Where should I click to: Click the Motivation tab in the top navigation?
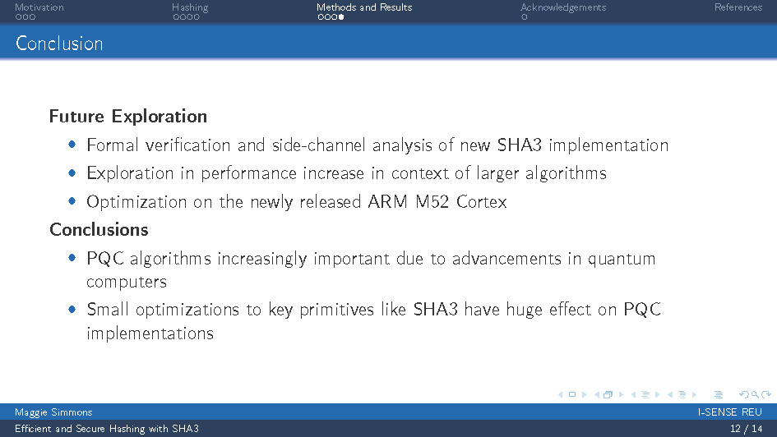tap(39, 7)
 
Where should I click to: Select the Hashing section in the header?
tap(190, 7)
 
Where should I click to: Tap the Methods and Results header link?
tap(364, 7)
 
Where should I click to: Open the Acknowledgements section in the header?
tap(563, 7)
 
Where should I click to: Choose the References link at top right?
tap(738, 7)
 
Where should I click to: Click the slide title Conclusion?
tap(59, 44)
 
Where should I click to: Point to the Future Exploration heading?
tap(128, 117)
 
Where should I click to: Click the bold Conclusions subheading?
tap(99, 229)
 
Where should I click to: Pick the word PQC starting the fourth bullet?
tap(104, 259)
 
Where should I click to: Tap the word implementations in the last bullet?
tap(150, 333)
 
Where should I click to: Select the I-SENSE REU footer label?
tap(729, 412)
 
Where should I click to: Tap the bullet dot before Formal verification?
tap(72, 145)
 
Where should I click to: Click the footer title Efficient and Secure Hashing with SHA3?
tap(107, 429)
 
